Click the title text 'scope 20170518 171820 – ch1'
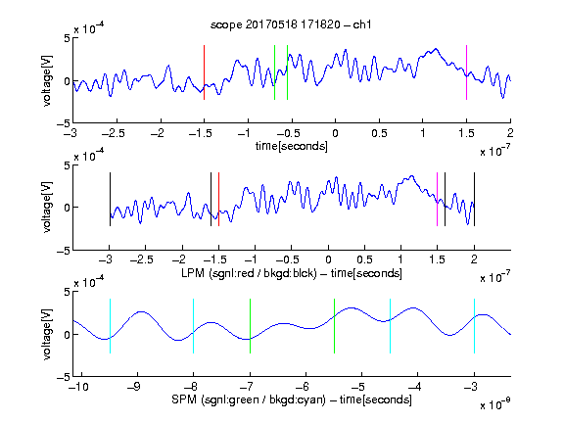[291, 24]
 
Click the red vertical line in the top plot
[205, 72]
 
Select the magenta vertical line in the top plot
[466, 72]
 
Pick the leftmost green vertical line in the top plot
[274, 72]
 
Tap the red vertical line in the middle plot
[218, 200]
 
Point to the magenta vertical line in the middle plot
[437, 200]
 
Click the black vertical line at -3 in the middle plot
[110, 200]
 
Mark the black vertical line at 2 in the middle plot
[475, 200]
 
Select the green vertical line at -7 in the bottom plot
[250, 326]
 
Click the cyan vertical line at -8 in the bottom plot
[194, 326]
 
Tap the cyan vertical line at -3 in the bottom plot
[475, 326]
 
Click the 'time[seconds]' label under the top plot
[292, 147]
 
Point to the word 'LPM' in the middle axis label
[193, 273]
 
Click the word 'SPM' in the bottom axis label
[184, 399]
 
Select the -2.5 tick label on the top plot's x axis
[113, 134]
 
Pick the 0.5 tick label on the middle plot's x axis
[364, 259]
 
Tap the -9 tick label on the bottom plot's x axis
[134, 387]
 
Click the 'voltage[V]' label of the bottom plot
[47, 334]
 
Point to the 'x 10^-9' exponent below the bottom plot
[494, 404]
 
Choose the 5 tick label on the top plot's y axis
[67, 38]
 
